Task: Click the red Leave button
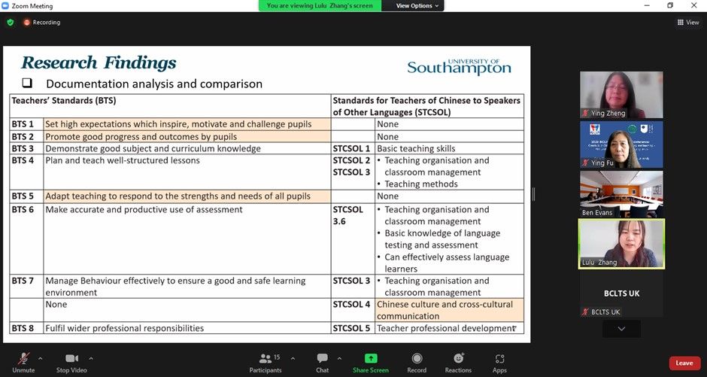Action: click(x=684, y=363)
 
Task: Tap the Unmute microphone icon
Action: click(x=23, y=358)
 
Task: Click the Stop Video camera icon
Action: click(x=71, y=358)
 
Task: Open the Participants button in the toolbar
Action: click(x=266, y=359)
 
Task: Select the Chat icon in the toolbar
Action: click(x=322, y=359)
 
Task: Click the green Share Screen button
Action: click(x=371, y=359)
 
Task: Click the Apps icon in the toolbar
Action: click(x=499, y=359)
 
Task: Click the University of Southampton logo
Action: click(x=459, y=67)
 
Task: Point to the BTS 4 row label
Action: click(x=23, y=160)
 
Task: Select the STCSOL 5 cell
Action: click(x=352, y=328)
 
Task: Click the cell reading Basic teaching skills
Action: click(x=416, y=149)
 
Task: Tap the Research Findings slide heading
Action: click(x=99, y=62)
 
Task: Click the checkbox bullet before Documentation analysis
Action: click(x=27, y=84)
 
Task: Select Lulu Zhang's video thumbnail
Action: click(x=621, y=244)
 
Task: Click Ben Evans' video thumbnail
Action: click(x=621, y=193)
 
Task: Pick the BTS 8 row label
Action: click(x=23, y=328)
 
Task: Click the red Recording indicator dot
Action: click(x=27, y=23)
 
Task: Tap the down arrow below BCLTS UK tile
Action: click(x=621, y=329)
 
